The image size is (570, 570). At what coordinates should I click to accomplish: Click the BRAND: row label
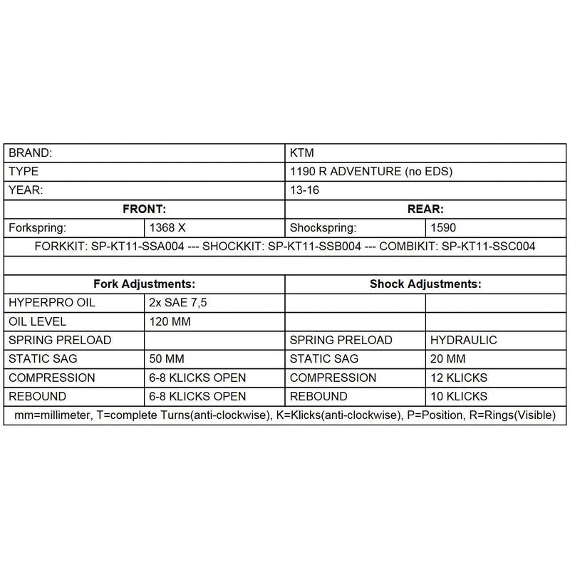point(30,153)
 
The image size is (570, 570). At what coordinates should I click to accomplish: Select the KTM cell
point(303,153)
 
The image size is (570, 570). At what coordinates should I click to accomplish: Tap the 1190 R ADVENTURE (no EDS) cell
point(371,172)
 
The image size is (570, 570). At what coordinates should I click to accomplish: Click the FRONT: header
point(145,209)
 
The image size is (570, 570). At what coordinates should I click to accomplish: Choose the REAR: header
point(425,209)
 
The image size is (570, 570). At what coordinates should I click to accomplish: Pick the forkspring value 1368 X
point(168,228)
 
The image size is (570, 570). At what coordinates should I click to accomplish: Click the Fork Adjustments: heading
point(145,284)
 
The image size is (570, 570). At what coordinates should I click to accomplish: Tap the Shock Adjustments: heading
point(425,284)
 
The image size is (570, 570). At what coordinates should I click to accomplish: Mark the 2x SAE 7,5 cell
point(178,303)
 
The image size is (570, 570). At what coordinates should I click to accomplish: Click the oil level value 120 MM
point(170,321)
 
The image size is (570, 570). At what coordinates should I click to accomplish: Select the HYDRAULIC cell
point(464,340)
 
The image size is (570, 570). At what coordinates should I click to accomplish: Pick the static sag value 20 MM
point(448,358)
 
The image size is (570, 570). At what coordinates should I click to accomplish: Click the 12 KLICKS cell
point(459,377)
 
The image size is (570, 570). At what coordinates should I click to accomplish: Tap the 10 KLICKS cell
point(459,396)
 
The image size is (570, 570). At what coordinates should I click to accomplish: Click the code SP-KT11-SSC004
point(488,247)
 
